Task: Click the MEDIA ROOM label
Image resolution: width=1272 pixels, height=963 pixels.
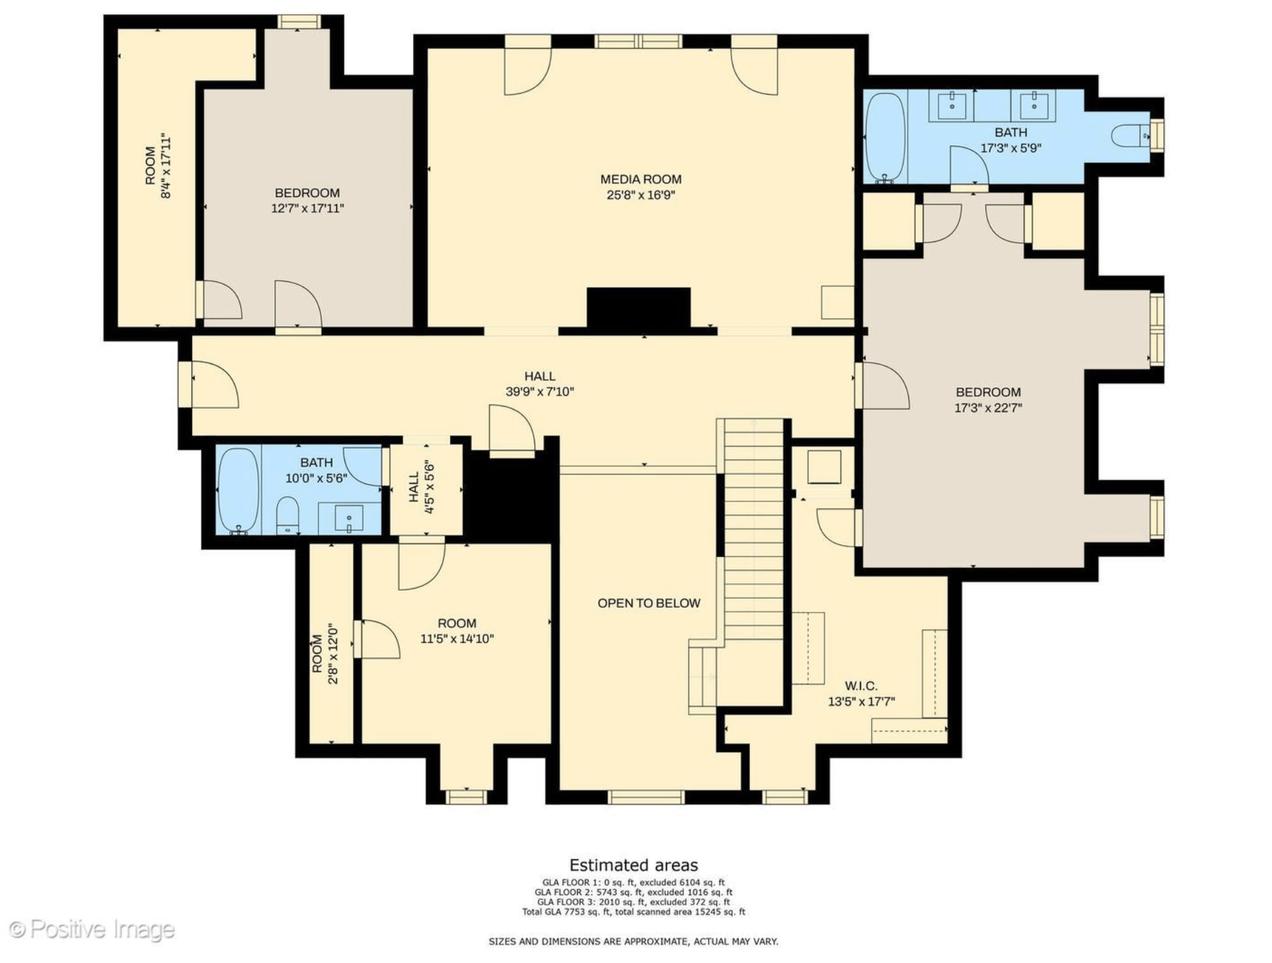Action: point(641,179)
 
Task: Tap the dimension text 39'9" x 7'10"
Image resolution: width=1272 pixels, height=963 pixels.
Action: point(539,392)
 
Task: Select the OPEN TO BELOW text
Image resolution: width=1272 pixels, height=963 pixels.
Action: point(649,603)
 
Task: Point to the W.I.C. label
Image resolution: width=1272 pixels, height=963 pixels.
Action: point(861,685)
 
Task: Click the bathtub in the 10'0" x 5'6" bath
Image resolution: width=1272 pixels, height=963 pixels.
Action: point(238,490)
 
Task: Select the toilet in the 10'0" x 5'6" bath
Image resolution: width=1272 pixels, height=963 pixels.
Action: point(287,516)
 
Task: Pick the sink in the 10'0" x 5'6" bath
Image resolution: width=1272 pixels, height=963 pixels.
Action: point(349,517)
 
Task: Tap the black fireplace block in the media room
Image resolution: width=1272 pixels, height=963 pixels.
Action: point(638,309)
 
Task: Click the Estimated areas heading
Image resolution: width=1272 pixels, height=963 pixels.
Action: point(633,865)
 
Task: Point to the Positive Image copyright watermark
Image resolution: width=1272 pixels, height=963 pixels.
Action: point(92,930)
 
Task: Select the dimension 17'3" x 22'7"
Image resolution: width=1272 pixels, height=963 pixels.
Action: point(988,407)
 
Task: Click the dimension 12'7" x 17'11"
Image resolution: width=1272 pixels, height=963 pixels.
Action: point(307,208)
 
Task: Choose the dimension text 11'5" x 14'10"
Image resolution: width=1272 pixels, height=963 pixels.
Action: point(457,639)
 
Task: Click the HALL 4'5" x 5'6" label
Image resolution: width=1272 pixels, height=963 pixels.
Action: point(422,487)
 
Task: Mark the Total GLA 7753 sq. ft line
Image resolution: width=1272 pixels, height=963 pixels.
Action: point(633,912)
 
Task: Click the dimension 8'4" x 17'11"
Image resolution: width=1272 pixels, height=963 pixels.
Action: point(165,166)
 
